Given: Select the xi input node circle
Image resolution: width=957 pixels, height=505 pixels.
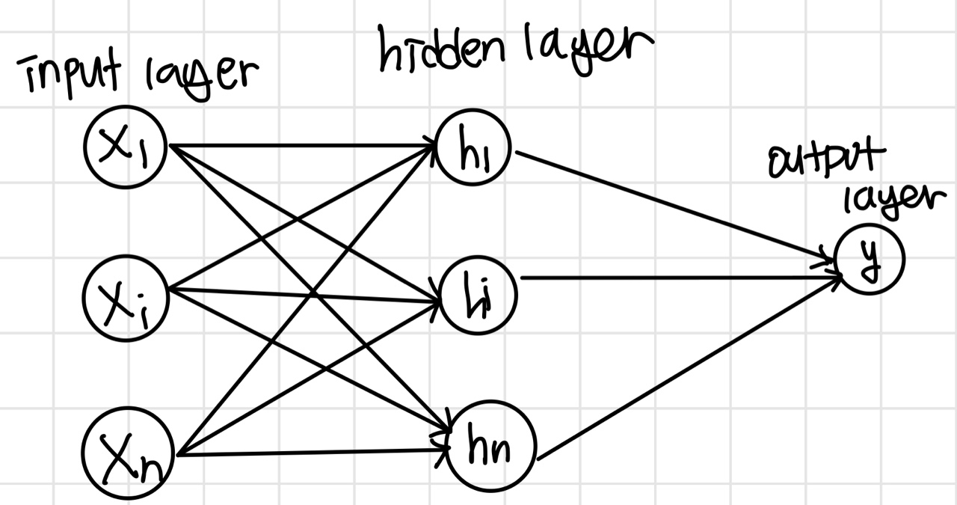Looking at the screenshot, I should (x=126, y=299).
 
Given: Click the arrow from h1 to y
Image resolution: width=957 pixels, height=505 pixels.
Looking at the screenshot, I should (x=673, y=208).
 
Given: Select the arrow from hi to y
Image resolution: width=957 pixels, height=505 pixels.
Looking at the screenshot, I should (x=673, y=278).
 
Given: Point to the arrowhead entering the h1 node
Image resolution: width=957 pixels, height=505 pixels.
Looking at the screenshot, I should (x=431, y=144).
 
